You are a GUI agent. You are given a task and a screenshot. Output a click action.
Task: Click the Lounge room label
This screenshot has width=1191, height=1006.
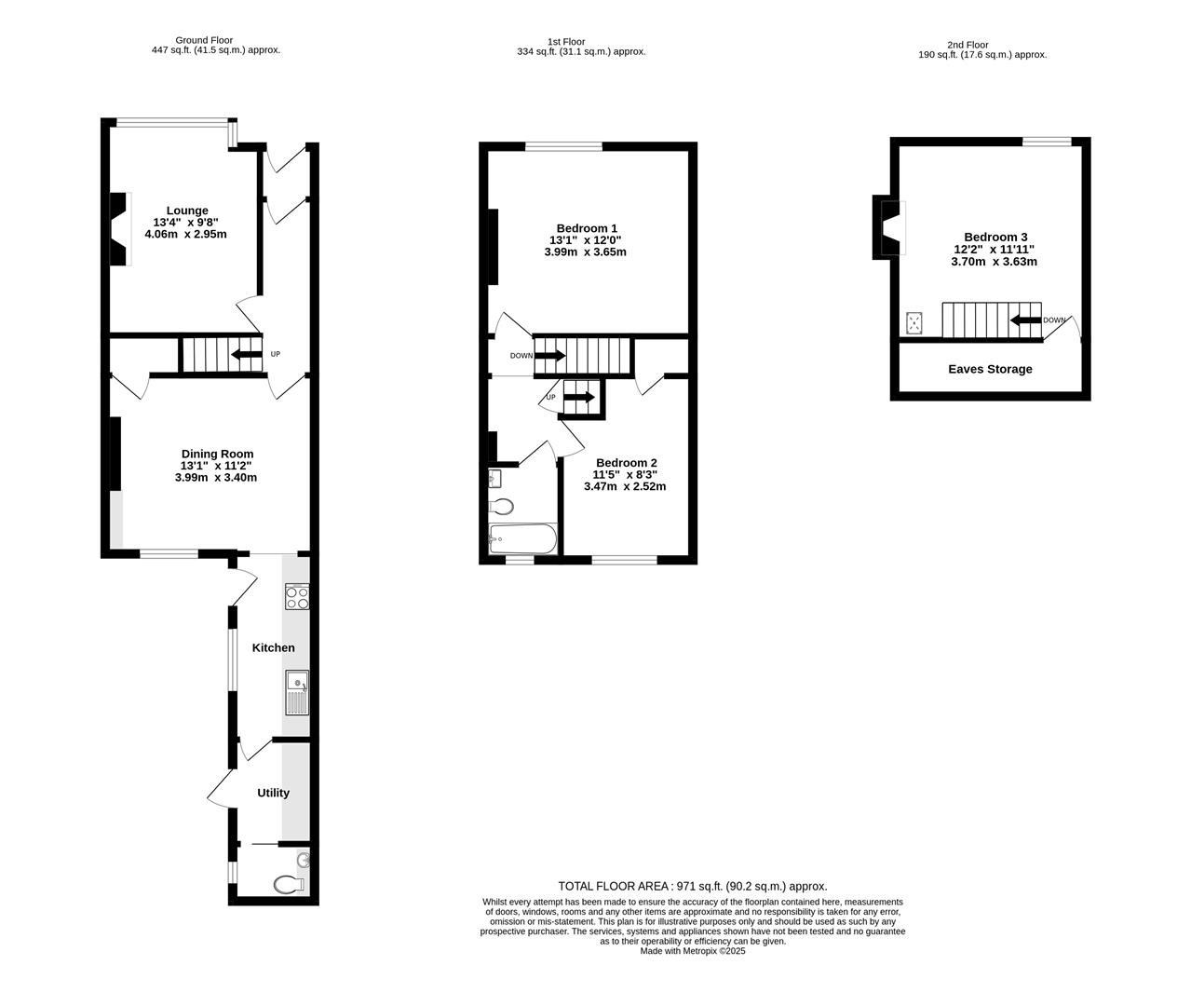187,211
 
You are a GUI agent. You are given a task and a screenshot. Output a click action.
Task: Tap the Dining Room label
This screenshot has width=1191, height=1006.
217,454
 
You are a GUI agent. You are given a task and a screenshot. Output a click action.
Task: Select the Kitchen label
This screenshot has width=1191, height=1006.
274,647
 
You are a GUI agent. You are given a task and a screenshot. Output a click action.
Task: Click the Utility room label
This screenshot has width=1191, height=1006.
273,793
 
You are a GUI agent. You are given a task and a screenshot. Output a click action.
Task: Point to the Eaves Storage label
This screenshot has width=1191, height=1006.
990,369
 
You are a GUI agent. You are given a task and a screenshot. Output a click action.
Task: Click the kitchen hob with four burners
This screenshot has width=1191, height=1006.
297,597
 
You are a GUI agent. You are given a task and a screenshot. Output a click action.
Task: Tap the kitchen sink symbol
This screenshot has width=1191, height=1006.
297,692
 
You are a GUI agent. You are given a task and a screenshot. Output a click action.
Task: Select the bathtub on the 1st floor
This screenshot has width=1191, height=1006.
522,538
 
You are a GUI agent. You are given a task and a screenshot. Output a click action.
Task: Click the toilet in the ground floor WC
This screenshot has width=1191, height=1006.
290,884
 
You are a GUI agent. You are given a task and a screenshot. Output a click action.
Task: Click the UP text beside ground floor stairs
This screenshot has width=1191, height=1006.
275,354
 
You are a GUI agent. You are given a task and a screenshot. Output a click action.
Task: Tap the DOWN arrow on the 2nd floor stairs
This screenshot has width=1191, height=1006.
1025,320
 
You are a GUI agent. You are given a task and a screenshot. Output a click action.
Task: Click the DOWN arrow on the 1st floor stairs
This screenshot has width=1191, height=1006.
549,355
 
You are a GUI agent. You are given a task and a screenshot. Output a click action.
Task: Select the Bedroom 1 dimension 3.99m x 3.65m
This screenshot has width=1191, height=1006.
587,252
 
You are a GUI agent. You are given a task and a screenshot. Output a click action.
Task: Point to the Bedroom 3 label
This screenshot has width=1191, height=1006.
995,238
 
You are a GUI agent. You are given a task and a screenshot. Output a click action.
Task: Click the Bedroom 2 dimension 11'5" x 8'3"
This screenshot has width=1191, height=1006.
626,474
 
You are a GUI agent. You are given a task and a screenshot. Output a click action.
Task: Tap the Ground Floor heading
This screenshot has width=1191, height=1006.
205,40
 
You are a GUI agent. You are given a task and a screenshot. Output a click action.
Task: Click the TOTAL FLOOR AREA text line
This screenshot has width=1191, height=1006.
692,886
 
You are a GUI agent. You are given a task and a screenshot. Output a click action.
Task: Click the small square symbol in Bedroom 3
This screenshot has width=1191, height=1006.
915,323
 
